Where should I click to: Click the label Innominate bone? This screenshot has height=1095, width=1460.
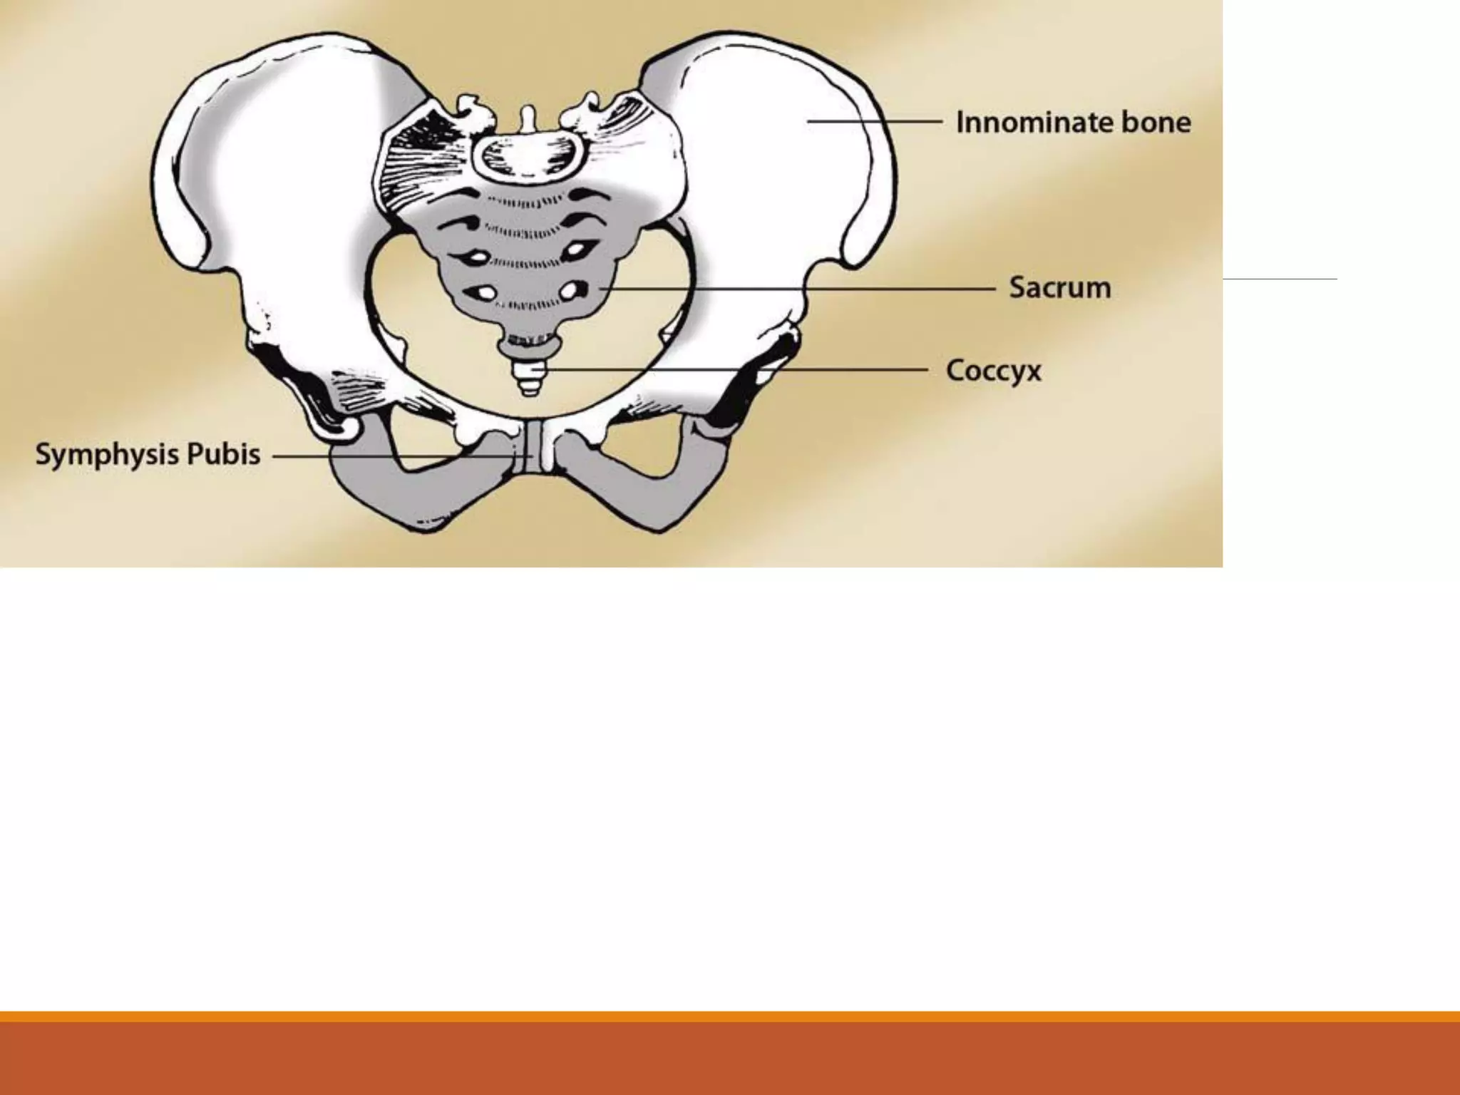pos(1073,123)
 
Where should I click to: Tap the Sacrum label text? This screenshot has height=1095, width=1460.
pos(1060,288)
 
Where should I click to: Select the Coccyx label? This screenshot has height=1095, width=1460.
pos(993,371)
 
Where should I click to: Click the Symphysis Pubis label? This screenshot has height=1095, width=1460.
pos(148,455)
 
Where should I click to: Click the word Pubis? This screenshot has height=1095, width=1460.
pos(223,455)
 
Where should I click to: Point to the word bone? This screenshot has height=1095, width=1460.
pos(1156,123)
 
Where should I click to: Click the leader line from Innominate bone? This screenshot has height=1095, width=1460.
pos(874,122)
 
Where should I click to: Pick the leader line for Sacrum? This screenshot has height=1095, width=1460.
pos(798,289)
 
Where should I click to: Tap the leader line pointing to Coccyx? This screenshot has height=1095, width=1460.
pos(734,370)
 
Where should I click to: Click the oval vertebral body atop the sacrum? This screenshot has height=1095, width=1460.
pos(528,155)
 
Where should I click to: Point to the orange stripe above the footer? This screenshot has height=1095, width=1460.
pos(730,1016)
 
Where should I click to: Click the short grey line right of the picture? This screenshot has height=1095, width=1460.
pos(1280,279)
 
